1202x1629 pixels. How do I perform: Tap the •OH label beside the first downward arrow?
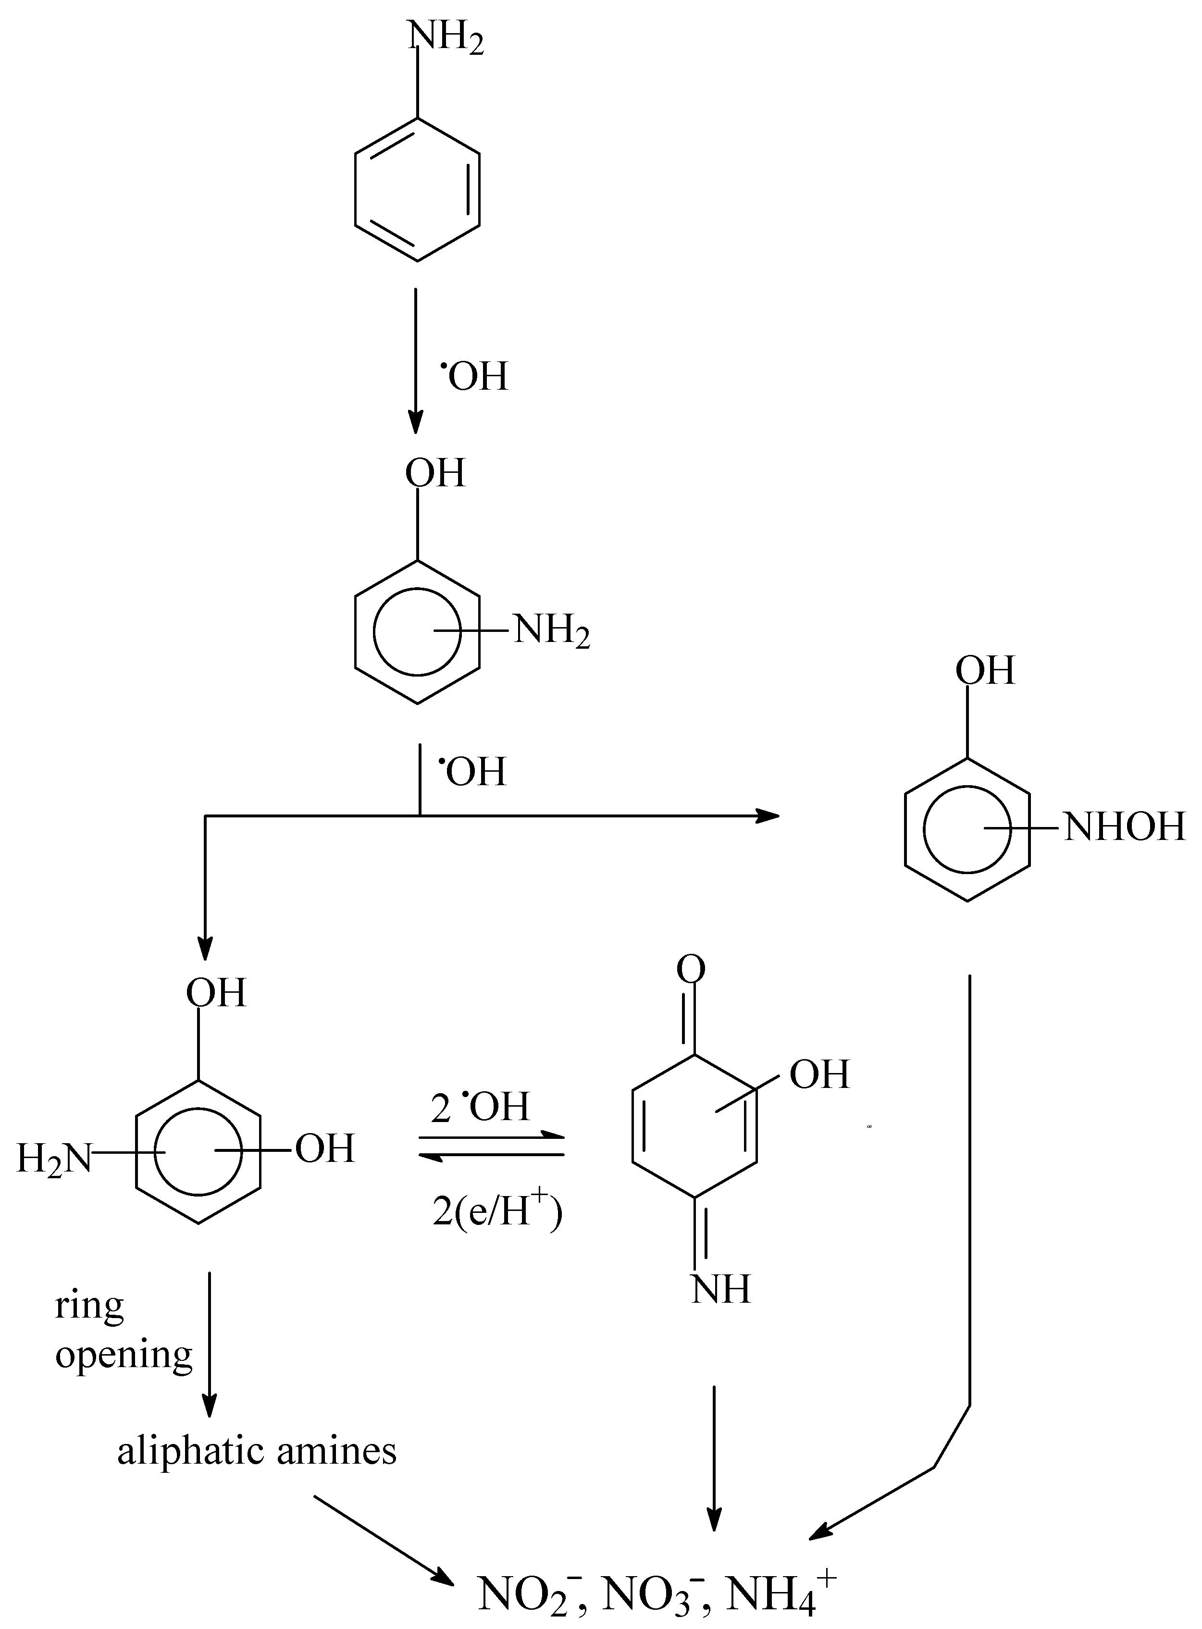coord(474,377)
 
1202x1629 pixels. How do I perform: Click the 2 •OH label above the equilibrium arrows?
coord(480,1107)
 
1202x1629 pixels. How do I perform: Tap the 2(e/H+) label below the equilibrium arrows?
coord(497,1211)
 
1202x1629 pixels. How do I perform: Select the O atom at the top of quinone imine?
coord(691,970)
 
